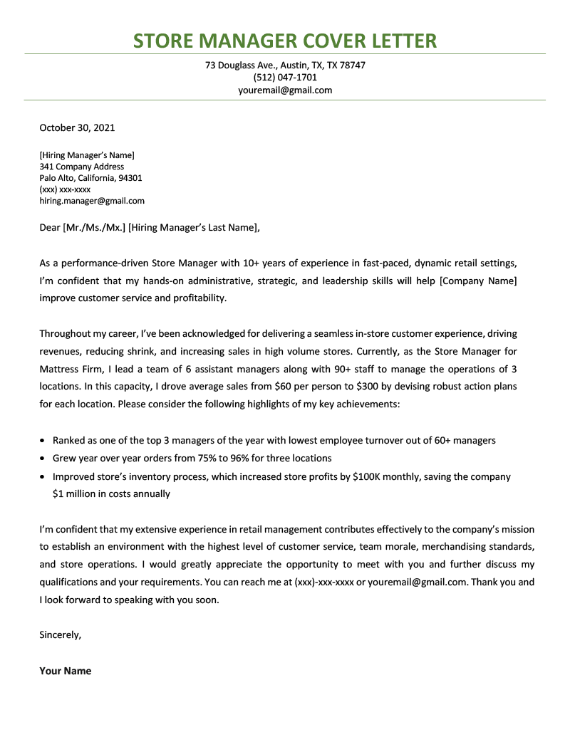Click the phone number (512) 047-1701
(285, 78)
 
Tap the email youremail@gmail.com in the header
(285, 90)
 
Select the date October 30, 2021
(77, 128)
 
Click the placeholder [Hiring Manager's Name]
(87, 155)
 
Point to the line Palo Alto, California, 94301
(90, 178)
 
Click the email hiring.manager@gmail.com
(92, 201)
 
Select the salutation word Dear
(50, 228)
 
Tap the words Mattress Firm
(70, 368)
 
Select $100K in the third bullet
(369, 476)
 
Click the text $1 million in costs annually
(111, 493)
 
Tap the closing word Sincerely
(60, 634)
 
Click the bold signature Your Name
(66, 671)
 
